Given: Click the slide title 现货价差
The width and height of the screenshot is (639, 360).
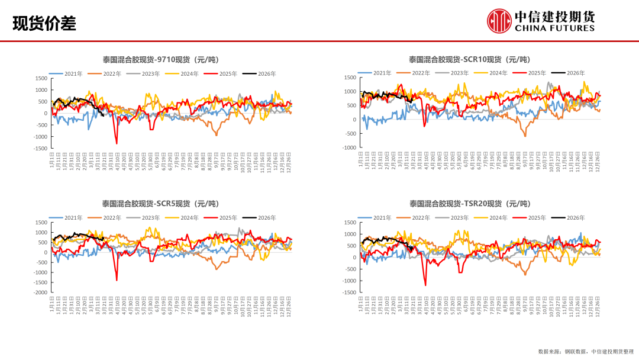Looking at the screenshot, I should tap(44, 23).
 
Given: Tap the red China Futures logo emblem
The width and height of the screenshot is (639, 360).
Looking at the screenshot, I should tap(499, 21).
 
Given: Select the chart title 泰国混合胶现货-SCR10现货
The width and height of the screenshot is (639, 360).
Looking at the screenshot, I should tap(469, 59).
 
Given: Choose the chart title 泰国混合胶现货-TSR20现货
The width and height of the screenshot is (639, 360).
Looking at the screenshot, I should tap(469, 204).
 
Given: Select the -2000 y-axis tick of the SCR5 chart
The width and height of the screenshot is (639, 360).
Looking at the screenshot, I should tap(40, 292).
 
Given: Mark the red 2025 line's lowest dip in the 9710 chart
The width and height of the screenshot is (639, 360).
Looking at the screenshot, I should tap(117, 143).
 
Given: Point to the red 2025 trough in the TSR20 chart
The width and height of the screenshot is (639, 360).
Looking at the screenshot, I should tap(425, 285).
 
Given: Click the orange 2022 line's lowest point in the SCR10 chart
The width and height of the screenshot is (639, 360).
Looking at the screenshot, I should tap(524, 136).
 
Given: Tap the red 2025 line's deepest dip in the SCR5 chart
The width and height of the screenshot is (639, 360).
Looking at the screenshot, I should tap(117, 280).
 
